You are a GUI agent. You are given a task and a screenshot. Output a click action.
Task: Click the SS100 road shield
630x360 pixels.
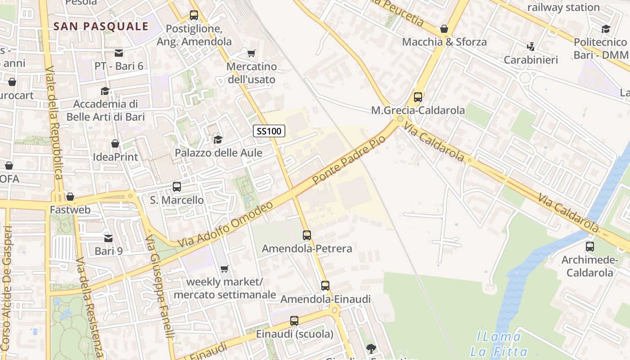[x=269, y=131]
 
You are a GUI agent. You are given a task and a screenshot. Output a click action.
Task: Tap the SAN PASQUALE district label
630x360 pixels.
[x=101, y=26]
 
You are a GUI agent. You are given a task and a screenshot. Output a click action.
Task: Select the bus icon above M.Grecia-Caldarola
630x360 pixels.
[x=418, y=97]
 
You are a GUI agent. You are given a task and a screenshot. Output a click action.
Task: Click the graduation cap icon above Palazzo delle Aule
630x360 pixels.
[x=218, y=139]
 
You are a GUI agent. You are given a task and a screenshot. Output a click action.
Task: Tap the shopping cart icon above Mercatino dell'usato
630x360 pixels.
[x=251, y=54]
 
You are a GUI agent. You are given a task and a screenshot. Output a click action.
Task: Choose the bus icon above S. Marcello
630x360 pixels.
[x=177, y=186]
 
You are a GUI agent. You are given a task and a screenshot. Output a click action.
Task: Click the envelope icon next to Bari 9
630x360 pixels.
[x=108, y=238]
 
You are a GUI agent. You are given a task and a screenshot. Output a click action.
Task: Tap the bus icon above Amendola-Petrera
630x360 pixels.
[x=307, y=235]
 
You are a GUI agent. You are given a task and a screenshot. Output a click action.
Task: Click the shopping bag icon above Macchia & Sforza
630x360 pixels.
[x=444, y=29]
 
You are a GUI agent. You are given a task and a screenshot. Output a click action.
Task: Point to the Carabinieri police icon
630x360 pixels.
[x=531, y=46]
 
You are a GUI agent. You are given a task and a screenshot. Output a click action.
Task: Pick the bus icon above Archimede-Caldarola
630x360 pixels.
[x=589, y=247]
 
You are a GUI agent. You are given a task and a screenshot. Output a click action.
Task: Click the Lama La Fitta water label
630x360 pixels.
[x=495, y=344]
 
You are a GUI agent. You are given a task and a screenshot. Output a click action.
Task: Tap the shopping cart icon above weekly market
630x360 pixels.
[x=225, y=269]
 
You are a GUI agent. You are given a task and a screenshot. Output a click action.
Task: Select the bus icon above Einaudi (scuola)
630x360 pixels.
[x=294, y=321]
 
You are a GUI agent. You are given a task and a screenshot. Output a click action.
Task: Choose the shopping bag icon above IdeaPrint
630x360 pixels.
[x=115, y=144]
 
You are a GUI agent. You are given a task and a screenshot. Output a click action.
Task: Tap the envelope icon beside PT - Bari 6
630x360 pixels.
[x=119, y=53]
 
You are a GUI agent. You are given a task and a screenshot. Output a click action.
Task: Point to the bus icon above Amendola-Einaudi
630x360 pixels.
[x=325, y=286]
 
